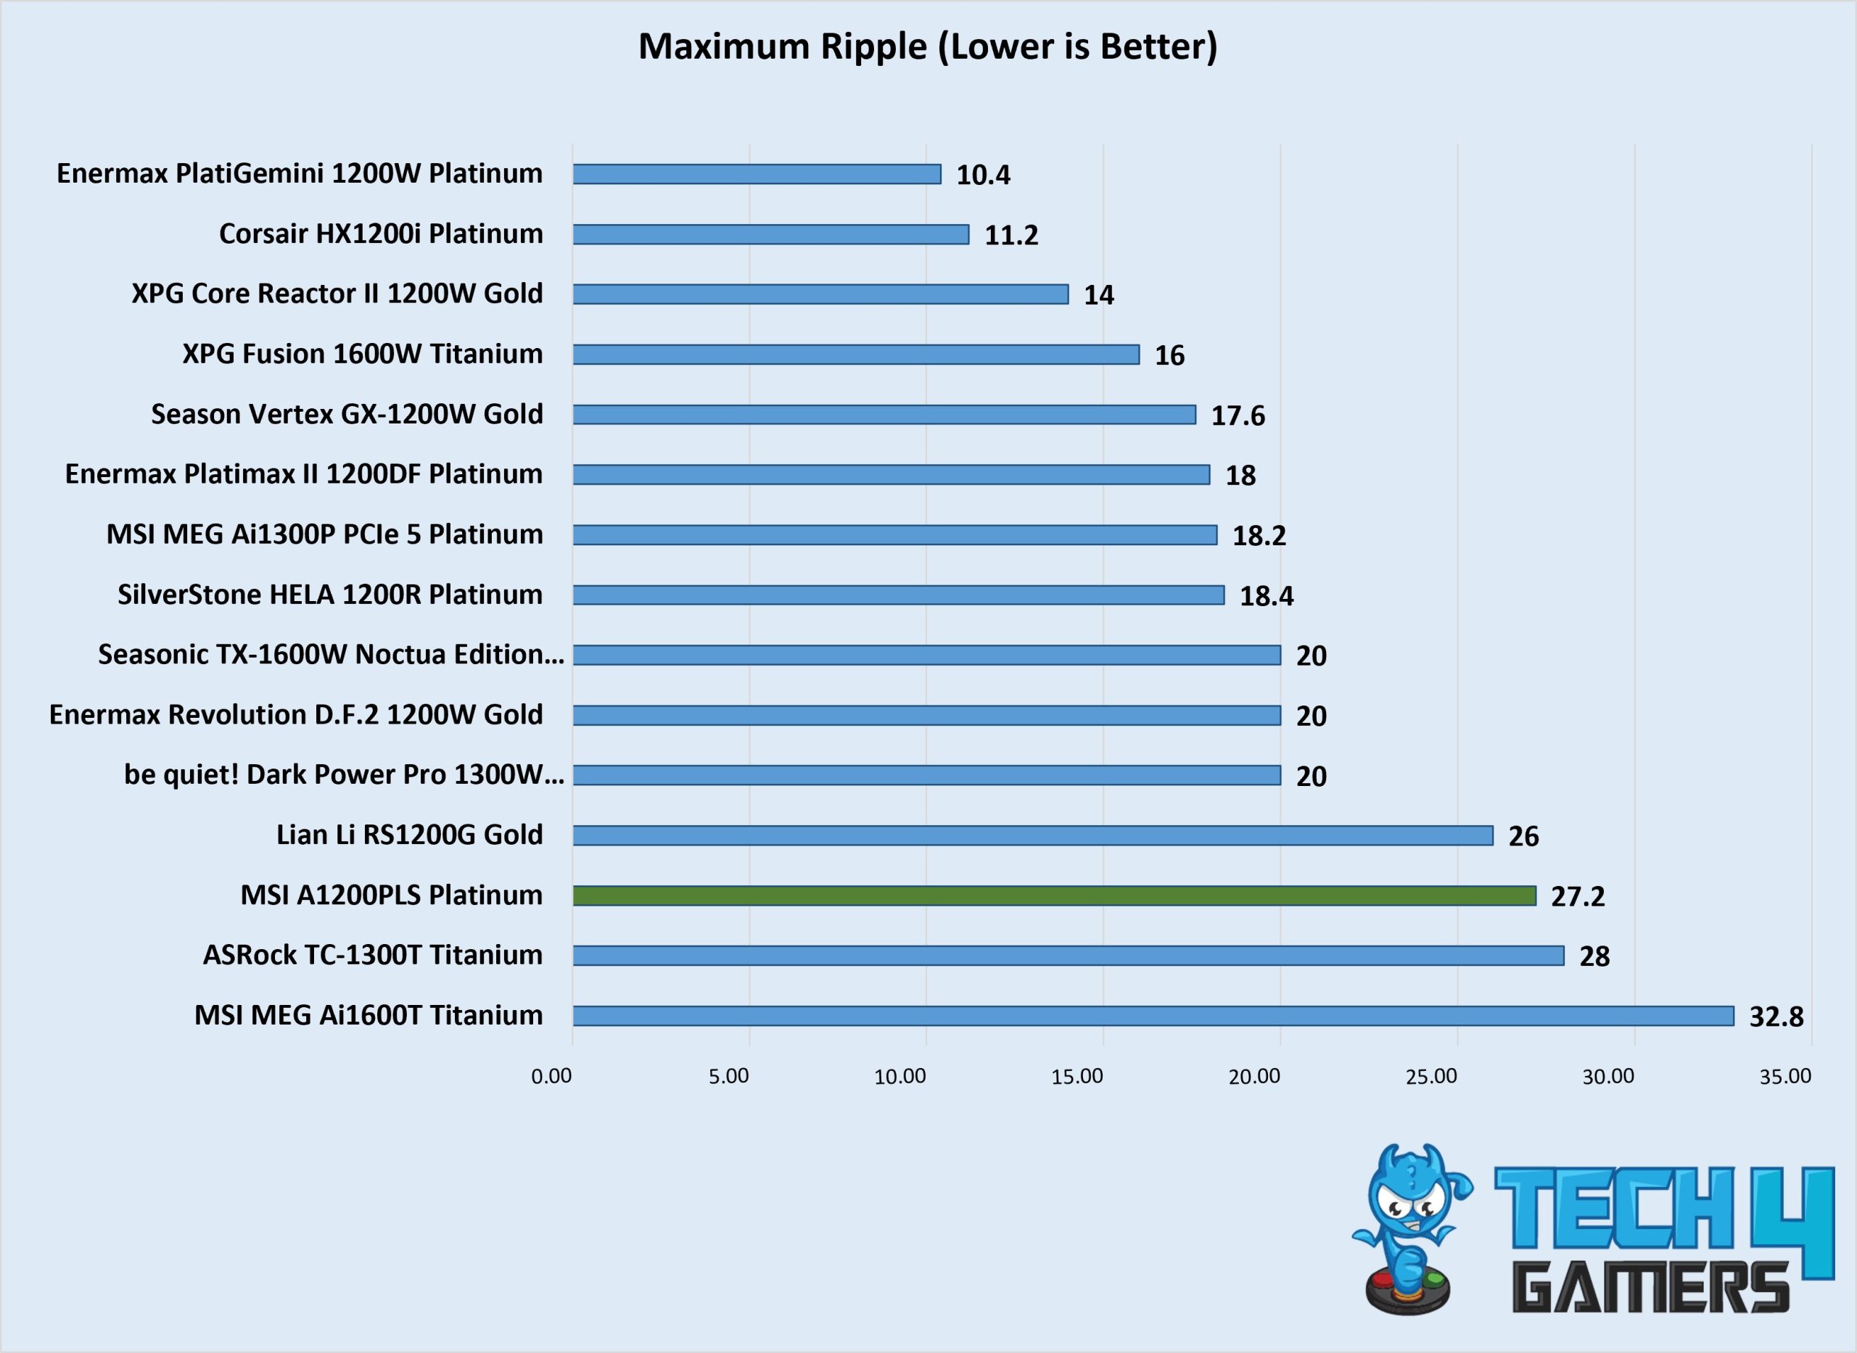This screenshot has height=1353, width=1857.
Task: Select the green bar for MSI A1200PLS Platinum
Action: [x=1054, y=896]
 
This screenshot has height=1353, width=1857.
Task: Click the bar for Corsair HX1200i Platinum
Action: [x=771, y=234]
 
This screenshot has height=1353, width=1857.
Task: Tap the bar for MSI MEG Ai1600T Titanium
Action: [x=1153, y=1016]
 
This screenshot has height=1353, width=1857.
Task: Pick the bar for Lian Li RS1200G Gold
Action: [x=1033, y=835]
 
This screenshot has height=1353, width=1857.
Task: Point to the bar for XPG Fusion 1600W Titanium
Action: [x=856, y=355]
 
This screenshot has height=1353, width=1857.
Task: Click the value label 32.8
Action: [x=1776, y=1017]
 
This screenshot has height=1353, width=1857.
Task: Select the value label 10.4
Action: [x=983, y=175]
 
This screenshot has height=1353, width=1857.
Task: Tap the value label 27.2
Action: [x=1578, y=896]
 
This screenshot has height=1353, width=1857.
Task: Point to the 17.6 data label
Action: [x=1238, y=415]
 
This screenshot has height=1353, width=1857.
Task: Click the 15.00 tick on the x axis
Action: [x=1077, y=1076]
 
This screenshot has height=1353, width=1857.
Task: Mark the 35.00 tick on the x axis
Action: [x=1786, y=1076]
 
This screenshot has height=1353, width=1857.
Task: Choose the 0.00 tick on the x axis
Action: [x=551, y=1076]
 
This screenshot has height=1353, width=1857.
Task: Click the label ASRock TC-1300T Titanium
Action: [x=373, y=955]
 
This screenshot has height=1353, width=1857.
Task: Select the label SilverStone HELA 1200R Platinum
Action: [x=330, y=595]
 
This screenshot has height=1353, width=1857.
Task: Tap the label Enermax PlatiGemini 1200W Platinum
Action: [x=300, y=173]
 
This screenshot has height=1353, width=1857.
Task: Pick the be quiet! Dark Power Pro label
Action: [x=344, y=775]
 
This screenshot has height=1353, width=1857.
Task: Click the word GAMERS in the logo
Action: [x=1650, y=1287]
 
